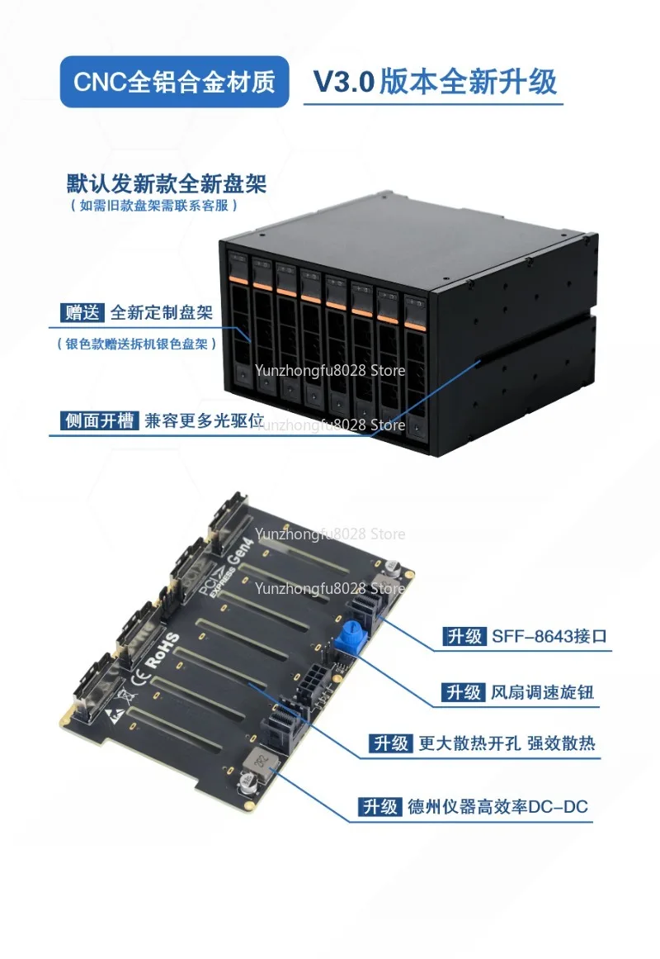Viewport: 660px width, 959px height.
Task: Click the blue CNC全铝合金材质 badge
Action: point(174,82)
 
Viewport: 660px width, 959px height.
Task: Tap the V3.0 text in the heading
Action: point(343,82)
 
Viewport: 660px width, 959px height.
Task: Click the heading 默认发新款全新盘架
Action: point(166,183)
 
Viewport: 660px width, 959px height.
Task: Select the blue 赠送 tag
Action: point(82,312)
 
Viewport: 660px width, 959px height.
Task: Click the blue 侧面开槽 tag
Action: point(100,420)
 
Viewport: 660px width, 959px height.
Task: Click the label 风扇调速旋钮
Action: point(543,692)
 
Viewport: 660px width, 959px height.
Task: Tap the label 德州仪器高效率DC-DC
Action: point(497,807)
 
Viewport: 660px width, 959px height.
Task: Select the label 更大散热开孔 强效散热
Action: point(507,743)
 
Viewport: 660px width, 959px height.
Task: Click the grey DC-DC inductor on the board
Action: point(261,762)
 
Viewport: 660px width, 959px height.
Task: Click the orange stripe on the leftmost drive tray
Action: point(238,279)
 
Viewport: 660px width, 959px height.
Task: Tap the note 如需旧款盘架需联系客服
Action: point(153,206)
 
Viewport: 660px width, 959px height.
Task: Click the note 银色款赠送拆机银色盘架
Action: point(137,344)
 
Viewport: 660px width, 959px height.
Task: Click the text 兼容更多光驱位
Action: point(204,420)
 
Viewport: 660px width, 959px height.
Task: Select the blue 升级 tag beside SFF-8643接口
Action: point(464,636)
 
